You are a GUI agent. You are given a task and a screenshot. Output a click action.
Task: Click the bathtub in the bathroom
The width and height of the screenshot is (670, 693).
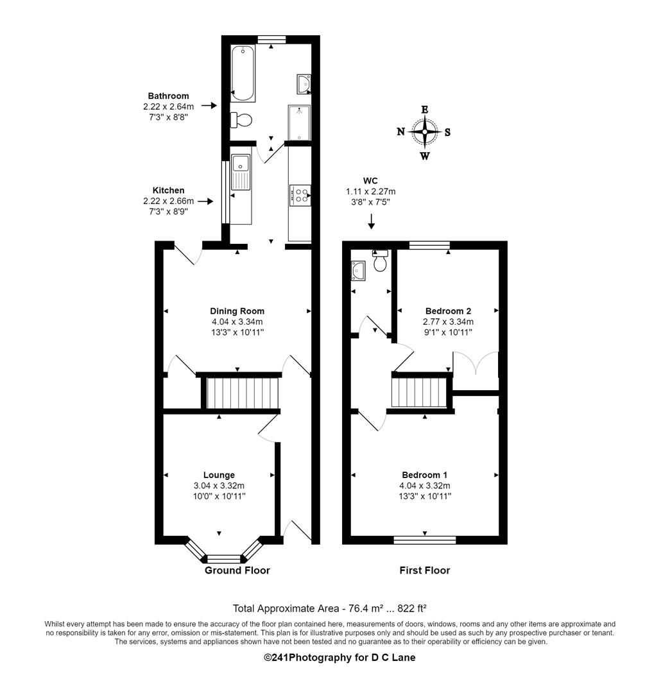(x=243, y=73)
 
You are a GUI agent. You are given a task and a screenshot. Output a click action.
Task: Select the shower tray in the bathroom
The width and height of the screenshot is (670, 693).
(x=299, y=123)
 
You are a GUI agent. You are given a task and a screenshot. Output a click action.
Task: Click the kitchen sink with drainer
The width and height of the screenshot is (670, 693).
(x=241, y=172)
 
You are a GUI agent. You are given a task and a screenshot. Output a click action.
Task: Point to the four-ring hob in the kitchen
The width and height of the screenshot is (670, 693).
(x=300, y=195)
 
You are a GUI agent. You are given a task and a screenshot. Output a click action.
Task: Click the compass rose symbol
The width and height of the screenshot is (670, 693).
(x=424, y=132)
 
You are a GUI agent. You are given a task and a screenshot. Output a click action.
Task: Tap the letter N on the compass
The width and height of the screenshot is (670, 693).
(x=401, y=132)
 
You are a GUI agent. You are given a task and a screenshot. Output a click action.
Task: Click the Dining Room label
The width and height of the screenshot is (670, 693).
(x=237, y=311)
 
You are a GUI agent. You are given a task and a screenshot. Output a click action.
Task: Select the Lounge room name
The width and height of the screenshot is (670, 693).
(x=219, y=475)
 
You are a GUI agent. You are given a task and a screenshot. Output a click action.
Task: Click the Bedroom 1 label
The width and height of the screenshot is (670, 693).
(x=424, y=475)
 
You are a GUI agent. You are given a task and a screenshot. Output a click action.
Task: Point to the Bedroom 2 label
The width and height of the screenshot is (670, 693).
(x=448, y=311)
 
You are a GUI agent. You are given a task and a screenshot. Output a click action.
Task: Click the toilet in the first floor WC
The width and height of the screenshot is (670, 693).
(x=380, y=261)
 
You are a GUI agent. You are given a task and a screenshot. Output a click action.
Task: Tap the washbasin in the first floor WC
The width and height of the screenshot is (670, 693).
(x=358, y=271)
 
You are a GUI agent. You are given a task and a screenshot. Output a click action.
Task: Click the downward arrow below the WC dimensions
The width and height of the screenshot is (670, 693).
(x=371, y=221)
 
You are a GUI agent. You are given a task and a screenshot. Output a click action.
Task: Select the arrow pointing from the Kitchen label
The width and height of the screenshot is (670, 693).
(x=205, y=201)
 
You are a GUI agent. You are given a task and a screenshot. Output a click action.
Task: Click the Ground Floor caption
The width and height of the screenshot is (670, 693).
(x=237, y=570)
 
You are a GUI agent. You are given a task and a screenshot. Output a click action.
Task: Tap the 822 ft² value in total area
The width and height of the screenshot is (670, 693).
(x=412, y=608)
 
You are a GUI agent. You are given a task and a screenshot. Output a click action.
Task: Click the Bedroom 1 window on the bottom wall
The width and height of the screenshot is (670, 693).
(x=425, y=540)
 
